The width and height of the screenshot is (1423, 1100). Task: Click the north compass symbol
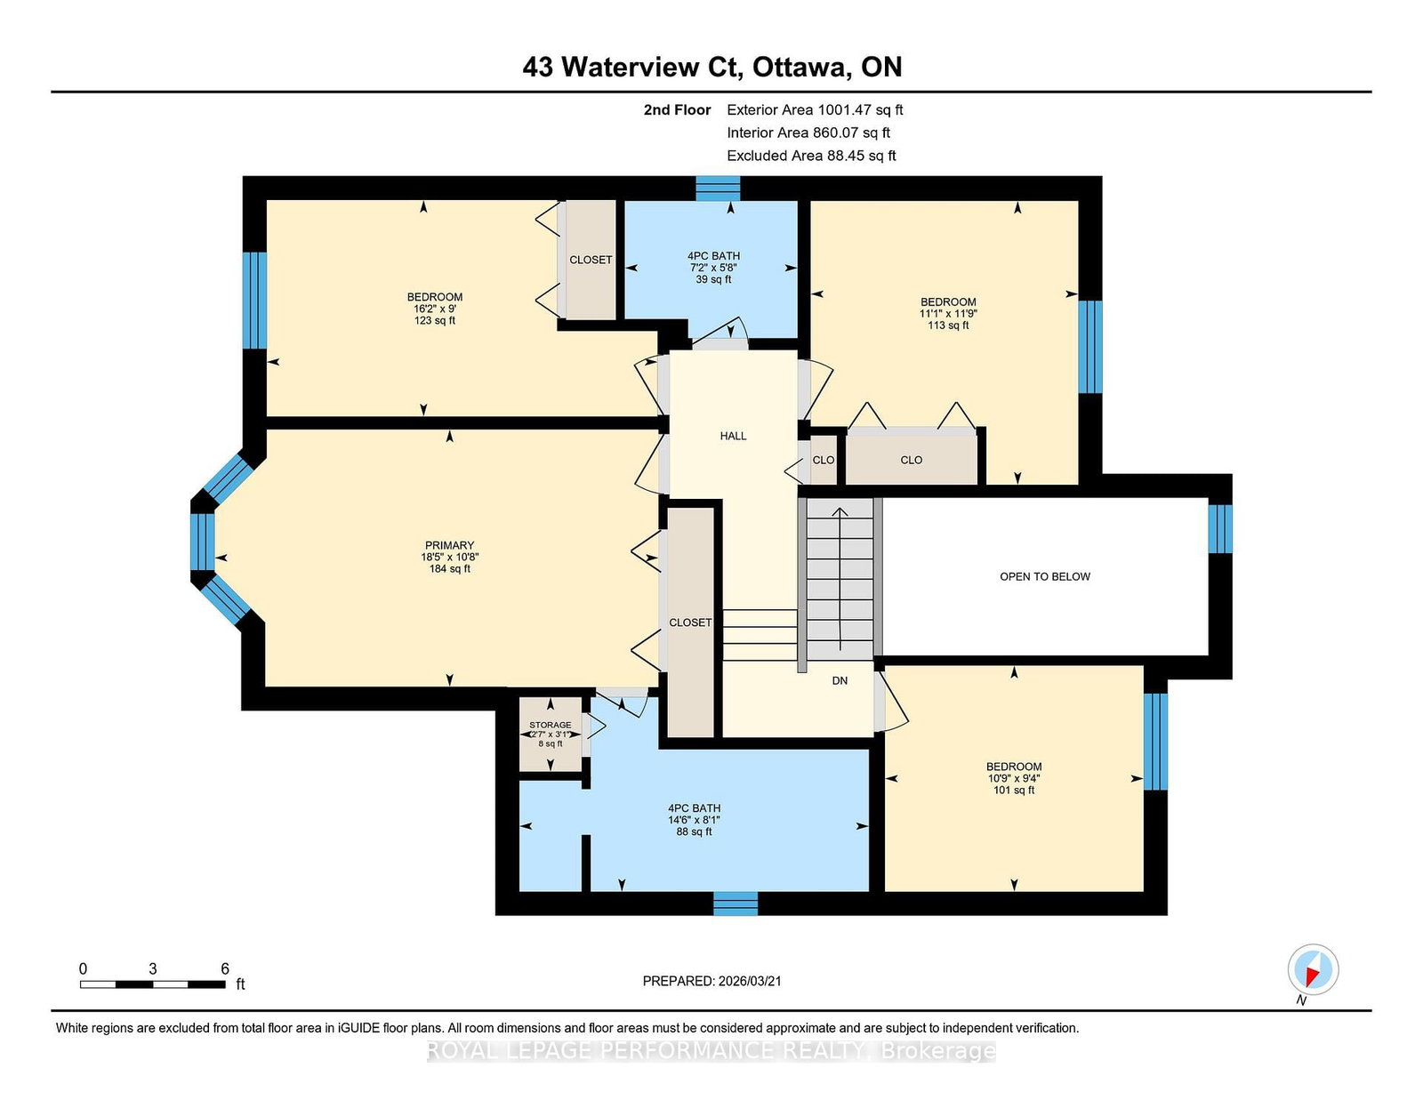[1313, 969]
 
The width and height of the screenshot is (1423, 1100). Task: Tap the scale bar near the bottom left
[153, 984]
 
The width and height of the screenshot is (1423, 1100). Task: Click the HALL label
[733, 436]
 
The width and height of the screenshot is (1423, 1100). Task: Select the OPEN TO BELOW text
[1044, 577]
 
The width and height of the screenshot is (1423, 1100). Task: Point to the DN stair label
[840, 681]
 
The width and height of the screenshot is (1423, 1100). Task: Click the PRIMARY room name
[449, 545]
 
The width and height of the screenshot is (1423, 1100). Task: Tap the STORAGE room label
[550, 725]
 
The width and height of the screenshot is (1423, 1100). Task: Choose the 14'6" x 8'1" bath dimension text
[694, 820]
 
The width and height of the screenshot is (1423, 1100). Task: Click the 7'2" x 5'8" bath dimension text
[713, 268]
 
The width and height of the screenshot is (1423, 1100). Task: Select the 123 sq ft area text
[435, 321]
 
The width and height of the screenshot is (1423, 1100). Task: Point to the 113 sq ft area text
[948, 325]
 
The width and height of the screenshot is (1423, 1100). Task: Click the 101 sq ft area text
[1014, 791]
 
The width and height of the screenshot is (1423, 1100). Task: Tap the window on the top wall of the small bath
[718, 188]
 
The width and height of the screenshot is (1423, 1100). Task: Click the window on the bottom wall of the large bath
[736, 903]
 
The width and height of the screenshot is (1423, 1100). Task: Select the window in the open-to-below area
[1220, 529]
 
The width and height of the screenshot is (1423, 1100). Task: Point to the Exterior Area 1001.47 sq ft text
[815, 110]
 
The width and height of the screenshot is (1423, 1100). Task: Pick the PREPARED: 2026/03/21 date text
[711, 981]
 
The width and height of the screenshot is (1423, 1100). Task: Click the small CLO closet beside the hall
[824, 461]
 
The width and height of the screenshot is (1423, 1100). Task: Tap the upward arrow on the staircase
[840, 579]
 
